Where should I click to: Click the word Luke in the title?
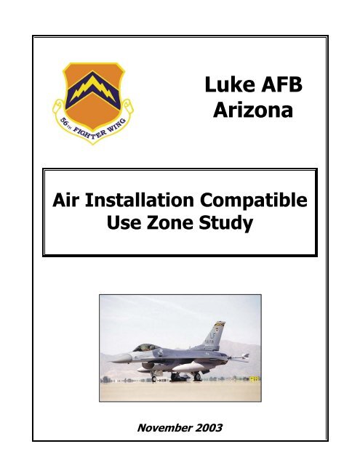pos(230,84)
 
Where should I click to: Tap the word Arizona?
pos(253,110)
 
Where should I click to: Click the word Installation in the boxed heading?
pos(139,201)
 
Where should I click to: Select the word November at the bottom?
pos(164,428)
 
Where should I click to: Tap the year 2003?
pos(209,428)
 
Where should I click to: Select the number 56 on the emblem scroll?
pos(65,123)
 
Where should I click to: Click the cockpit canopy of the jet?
pos(146,347)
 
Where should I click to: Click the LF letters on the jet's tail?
pos(213,336)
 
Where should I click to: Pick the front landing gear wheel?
pos(153,379)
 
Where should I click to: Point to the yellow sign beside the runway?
pos(254,379)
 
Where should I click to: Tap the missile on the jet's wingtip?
pos(237,357)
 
